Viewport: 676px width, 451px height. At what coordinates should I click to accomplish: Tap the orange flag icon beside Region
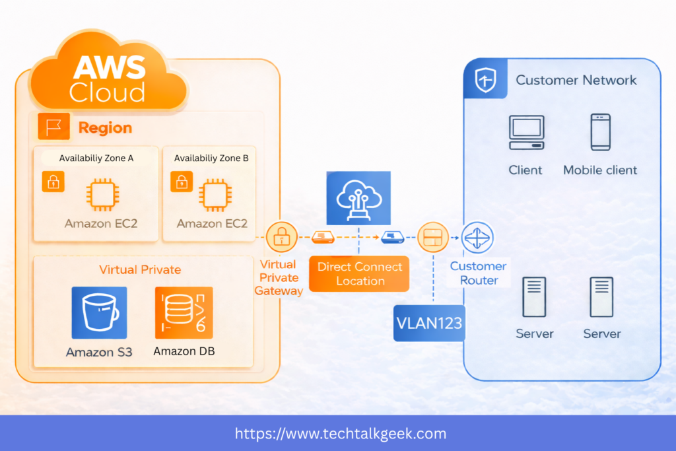click(x=53, y=127)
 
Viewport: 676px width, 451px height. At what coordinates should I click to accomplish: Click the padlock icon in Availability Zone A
click(x=53, y=182)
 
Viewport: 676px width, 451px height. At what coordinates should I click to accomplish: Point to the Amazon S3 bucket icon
click(x=99, y=313)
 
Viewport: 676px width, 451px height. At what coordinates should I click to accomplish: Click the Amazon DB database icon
click(x=184, y=313)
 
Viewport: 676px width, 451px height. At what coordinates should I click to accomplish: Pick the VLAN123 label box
click(x=429, y=323)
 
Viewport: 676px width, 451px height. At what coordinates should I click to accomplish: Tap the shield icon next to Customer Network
click(x=486, y=81)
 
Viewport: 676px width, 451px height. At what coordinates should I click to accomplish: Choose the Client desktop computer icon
click(x=526, y=132)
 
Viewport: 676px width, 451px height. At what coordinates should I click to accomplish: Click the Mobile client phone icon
click(x=600, y=132)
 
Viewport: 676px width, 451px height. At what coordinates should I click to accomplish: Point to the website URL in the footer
click(x=341, y=434)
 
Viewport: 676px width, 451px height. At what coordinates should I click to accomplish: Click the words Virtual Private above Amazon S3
click(x=140, y=269)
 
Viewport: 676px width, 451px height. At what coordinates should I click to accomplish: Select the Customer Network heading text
click(x=576, y=81)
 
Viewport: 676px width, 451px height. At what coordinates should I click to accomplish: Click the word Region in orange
click(x=105, y=127)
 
